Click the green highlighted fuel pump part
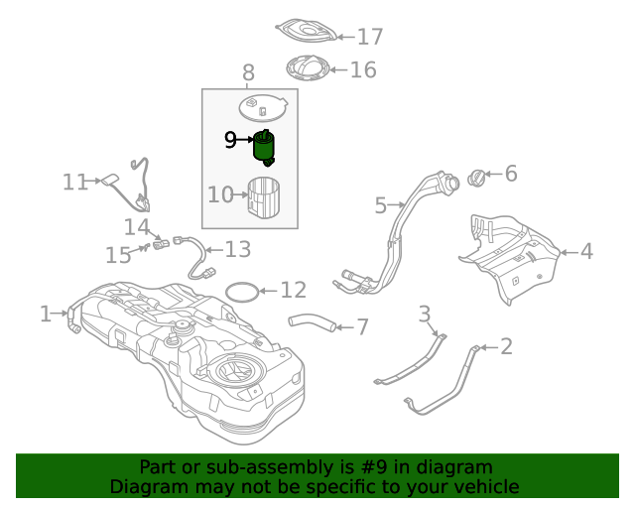click(x=264, y=148)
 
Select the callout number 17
click(x=370, y=37)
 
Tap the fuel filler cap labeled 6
click(x=476, y=178)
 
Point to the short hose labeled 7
click(x=312, y=322)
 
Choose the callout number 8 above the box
click(x=248, y=72)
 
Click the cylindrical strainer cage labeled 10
click(x=264, y=196)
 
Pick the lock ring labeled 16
click(x=308, y=67)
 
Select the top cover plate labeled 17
click(x=307, y=30)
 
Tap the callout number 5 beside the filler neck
click(x=381, y=205)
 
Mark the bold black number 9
click(x=230, y=140)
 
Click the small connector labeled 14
click(x=161, y=244)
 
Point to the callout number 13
click(x=238, y=249)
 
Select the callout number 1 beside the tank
click(x=46, y=314)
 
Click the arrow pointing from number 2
click(x=490, y=347)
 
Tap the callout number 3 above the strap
click(x=424, y=314)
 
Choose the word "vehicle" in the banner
click(x=491, y=486)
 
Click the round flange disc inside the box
click(x=263, y=108)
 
